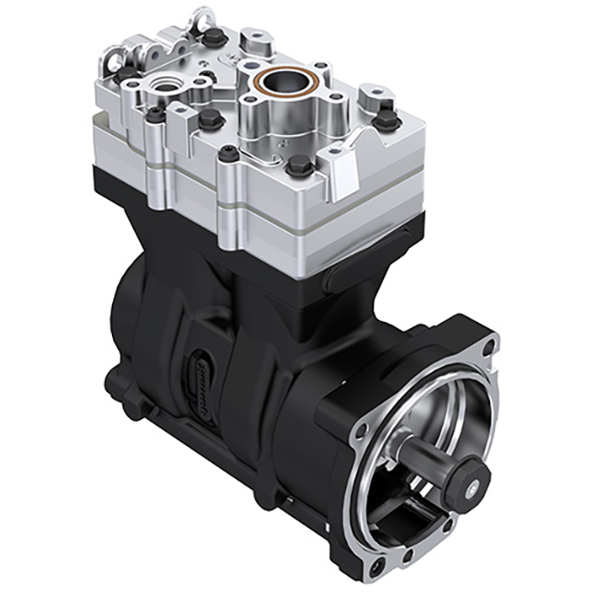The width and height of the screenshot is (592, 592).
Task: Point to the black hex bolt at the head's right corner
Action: click(x=387, y=118)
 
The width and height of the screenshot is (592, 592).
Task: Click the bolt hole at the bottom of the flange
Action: click(x=376, y=561)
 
